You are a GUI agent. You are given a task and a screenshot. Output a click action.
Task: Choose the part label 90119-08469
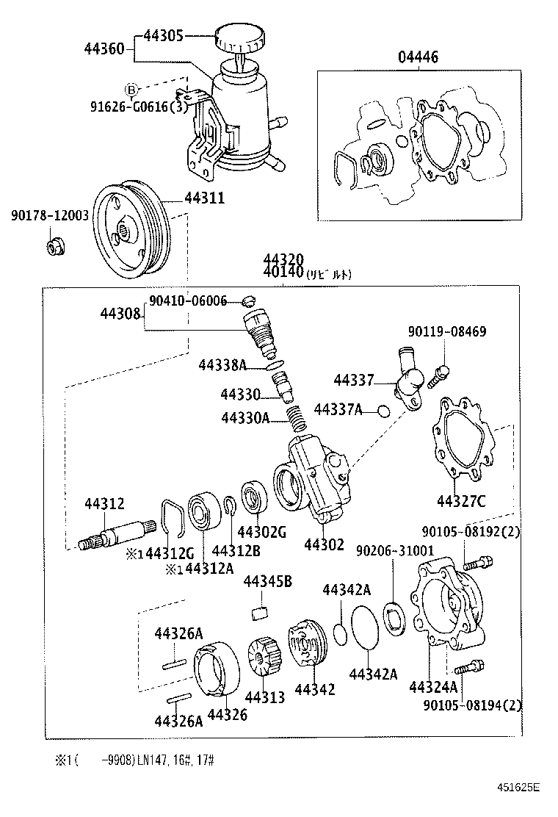point(448,332)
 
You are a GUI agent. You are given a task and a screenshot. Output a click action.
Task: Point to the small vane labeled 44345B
point(257,612)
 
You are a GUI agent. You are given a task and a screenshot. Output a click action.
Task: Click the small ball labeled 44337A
point(383,410)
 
